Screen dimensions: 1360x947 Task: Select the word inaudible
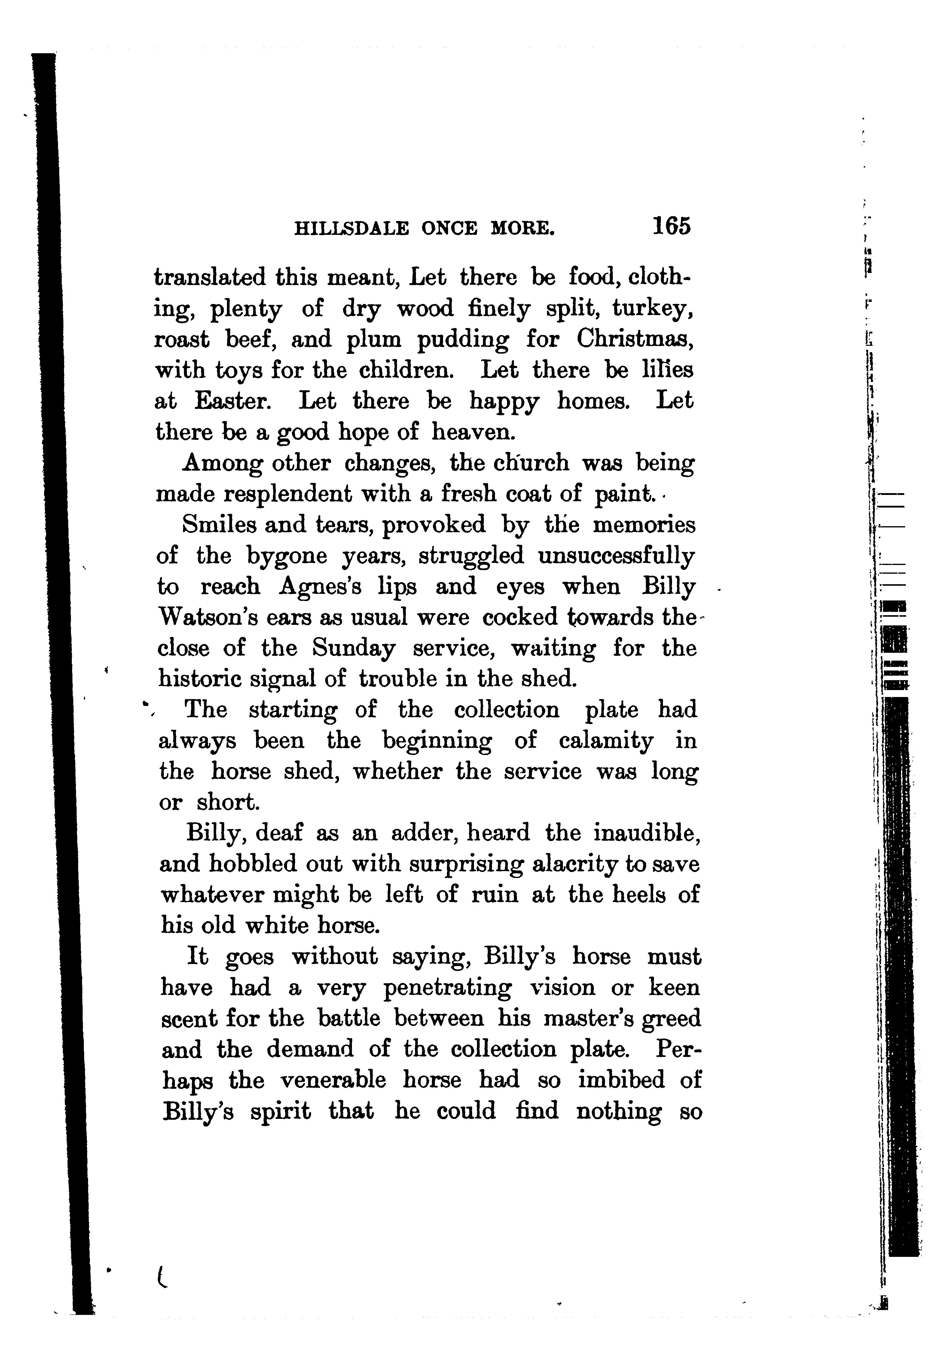point(647,833)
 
